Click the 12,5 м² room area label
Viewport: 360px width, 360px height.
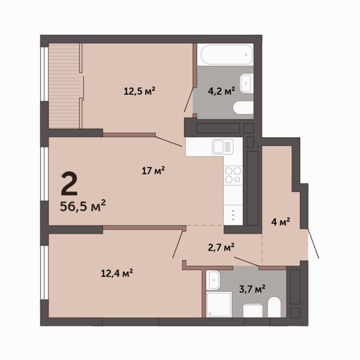click(x=140, y=91)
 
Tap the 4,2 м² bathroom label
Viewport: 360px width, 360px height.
click(x=222, y=91)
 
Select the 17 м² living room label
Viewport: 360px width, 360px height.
click(x=153, y=171)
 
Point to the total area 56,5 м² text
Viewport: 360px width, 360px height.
click(x=82, y=206)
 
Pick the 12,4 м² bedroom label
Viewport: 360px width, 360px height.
click(x=117, y=273)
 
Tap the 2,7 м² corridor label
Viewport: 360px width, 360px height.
click(x=221, y=247)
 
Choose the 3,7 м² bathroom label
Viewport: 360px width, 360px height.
click(x=252, y=289)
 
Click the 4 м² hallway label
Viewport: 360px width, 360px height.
click(x=281, y=222)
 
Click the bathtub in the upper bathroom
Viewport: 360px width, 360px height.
click(x=226, y=55)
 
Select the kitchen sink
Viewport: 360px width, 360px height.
click(x=223, y=147)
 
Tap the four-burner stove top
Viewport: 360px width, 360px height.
click(x=233, y=175)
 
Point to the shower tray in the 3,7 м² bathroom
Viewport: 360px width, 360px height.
click(x=219, y=304)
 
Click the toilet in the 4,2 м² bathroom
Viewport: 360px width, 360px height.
click(x=243, y=107)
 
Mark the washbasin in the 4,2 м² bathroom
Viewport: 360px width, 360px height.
click(x=247, y=83)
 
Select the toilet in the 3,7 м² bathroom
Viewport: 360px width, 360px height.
click(x=274, y=307)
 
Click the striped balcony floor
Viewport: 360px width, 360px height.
click(x=64, y=86)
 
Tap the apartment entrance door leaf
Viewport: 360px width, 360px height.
click(x=313, y=243)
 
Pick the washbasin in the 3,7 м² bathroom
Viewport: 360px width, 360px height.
click(x=213, y=280)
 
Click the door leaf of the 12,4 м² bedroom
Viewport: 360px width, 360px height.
click(x=178, y=244)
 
